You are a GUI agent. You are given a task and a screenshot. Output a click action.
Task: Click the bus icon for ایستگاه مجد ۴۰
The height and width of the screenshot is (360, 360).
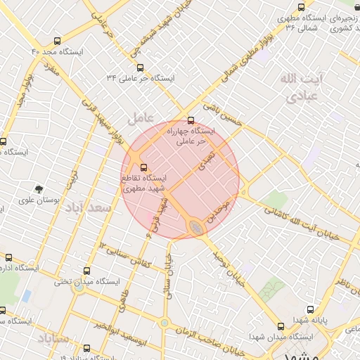click(57, 41)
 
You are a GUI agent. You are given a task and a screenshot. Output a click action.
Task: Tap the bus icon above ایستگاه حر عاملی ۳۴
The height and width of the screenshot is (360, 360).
click(141, 68)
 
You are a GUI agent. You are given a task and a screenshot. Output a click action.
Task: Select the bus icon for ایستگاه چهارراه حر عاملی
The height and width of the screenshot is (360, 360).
click(190, 120)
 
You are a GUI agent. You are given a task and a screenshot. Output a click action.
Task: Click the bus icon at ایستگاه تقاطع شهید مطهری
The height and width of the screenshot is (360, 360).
click(144, 167)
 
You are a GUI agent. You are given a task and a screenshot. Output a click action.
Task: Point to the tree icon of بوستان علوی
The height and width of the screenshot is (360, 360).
click(39, 188)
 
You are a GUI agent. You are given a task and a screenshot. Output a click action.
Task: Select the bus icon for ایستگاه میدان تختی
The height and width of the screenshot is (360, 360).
click(87, 270)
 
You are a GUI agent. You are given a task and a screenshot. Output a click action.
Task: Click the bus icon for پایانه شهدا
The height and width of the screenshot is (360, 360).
click(310, 309)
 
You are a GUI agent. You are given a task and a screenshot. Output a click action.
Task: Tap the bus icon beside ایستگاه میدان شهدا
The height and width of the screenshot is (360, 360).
click(281, 327)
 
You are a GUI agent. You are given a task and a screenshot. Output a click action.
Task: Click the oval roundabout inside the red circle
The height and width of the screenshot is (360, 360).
click(196, 227)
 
